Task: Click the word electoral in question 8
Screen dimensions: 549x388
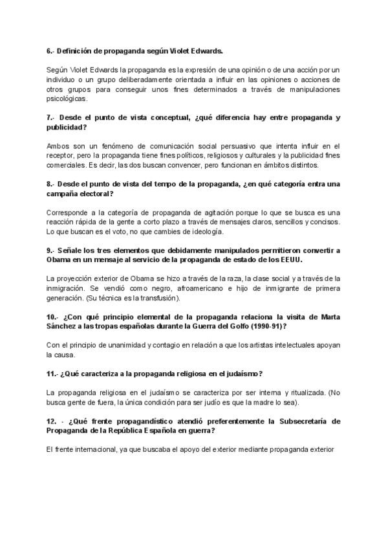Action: point(94,193)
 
